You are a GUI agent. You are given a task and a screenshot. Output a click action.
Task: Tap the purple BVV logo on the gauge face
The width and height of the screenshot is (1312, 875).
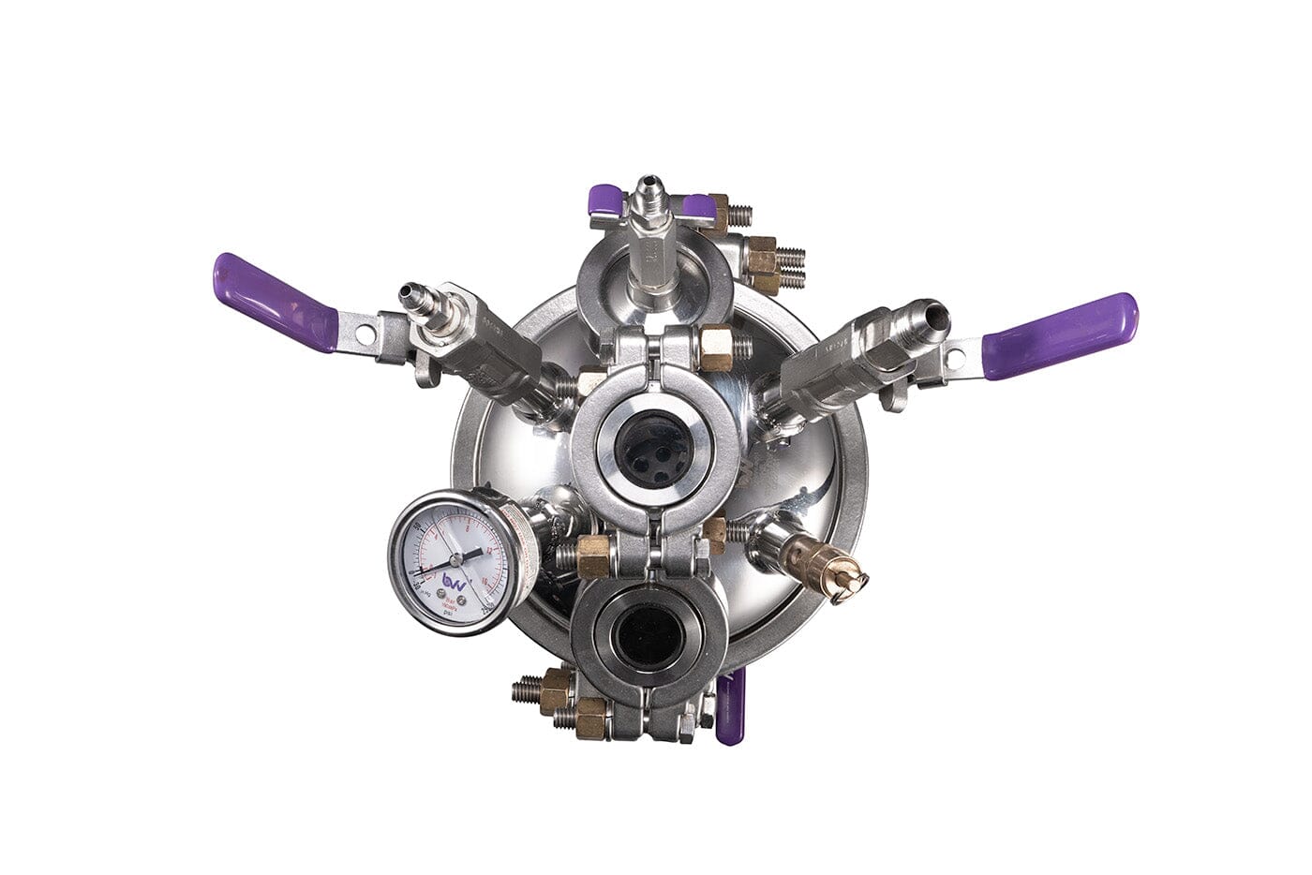pos(455,582)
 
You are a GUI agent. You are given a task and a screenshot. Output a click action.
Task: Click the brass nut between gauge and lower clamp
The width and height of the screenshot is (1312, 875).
pos(593,556)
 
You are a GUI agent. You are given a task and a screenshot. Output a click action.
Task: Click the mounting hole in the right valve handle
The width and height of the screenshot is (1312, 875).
pos(957,356)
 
